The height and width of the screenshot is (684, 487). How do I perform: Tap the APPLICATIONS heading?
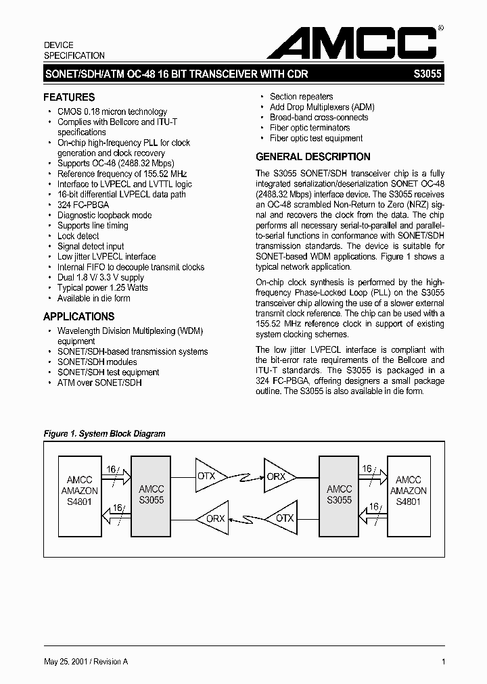coord(78,316)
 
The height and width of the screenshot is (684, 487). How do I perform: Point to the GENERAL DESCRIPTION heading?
coord(312,157)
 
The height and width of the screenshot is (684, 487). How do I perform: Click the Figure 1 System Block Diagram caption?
coord(104,434)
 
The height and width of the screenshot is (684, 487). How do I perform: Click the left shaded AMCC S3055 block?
coord(151,495)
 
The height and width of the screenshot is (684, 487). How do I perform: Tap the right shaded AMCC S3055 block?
coord(339,495)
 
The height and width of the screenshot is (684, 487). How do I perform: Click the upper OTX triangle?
coord(208,476)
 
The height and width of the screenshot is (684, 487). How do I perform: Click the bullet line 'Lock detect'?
coord(78,236)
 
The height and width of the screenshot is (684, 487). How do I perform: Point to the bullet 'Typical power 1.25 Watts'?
coord(102,288)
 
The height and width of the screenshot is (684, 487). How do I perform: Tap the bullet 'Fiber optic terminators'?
coord(310,128)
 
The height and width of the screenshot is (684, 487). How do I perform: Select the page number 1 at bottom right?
coord(443,662)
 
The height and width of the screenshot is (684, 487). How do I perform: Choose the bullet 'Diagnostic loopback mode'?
coord(104,215)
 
